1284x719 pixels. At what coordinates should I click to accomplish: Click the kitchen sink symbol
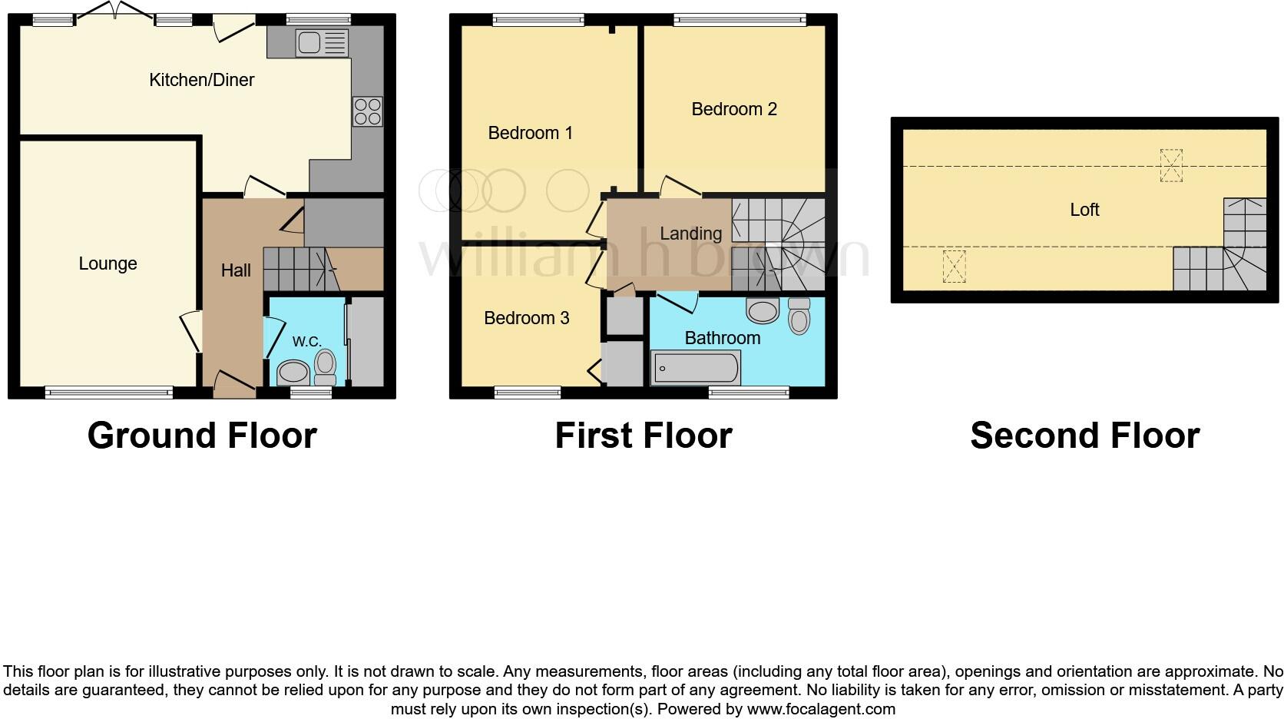tap(322, 43)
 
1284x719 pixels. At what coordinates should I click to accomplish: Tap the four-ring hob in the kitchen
tap(367, 111)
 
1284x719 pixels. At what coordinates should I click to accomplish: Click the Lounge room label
tap(108, 263)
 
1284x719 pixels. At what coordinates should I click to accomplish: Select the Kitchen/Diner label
tap(201, 80)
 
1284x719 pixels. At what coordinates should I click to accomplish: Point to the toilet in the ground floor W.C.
tap(326, 367)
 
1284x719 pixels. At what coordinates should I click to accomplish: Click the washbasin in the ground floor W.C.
tap(293, 373)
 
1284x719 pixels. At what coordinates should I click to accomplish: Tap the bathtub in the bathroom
tap(696, 368)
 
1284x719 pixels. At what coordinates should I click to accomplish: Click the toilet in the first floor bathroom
tap(799, 315)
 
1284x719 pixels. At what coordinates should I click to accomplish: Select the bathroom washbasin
tap(763, 311)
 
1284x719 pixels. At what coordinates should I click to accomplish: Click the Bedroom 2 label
tap(734, 109)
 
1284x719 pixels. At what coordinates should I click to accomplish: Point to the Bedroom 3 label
tap(526, 318)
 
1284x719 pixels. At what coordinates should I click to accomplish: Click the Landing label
tap(690, 234)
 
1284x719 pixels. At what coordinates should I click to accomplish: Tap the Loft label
tap(1084, 210)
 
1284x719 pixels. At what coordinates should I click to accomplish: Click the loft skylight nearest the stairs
tap(1170, 165)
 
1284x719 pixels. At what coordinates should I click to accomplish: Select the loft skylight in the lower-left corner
tap(954, 267)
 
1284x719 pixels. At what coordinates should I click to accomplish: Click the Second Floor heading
tap(1084, 436)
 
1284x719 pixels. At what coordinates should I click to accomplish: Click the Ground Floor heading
tap(202, 436)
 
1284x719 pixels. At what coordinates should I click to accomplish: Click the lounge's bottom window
tap(108, 393)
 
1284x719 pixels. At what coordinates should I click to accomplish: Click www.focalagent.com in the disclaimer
tap(821, 708)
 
